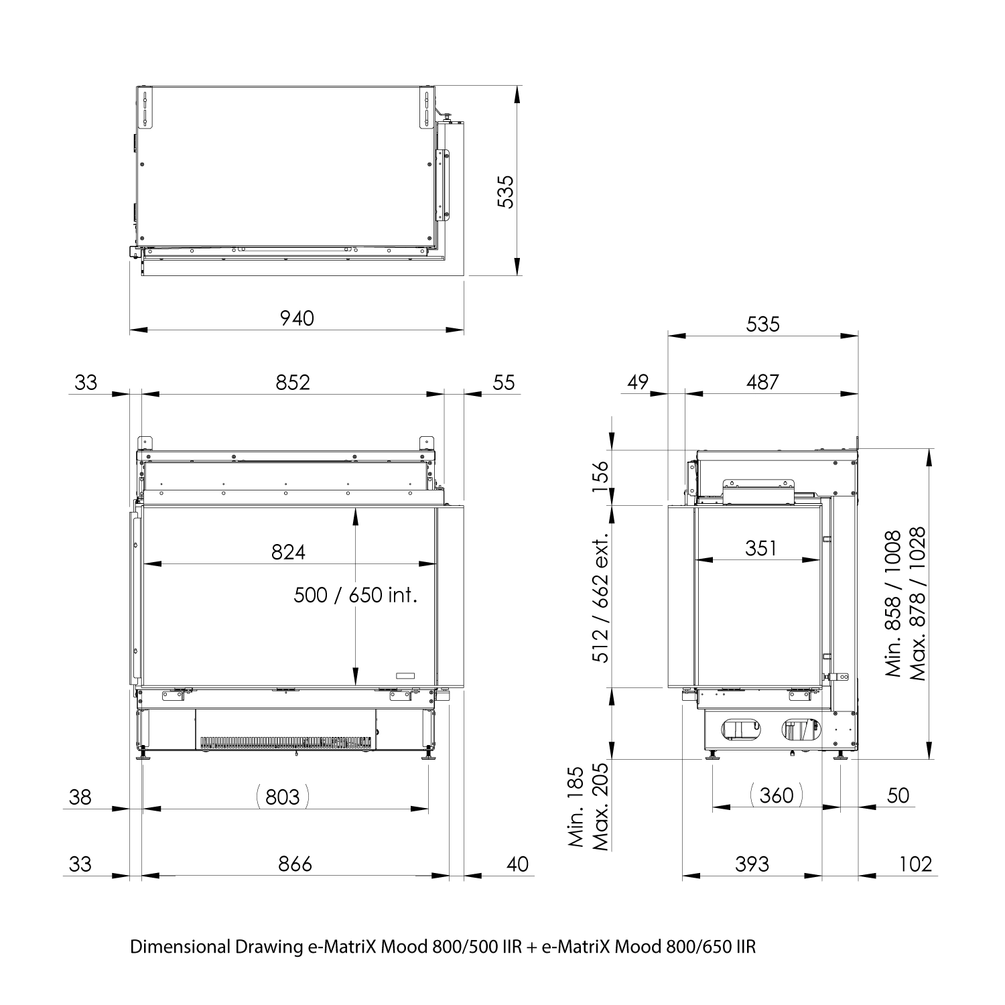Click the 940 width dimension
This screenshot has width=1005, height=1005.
coord(297,318)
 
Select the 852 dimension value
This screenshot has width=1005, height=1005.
coord(293,382)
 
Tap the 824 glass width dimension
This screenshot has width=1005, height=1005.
coord(288,552)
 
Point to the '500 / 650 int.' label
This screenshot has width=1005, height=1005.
coord(356,595)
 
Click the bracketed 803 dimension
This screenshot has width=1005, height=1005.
coord(283,797)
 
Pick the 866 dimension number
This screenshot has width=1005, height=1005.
coord(295,864)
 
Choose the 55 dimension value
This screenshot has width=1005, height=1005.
coord(504,382)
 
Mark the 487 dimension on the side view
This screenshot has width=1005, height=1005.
coord(762,382)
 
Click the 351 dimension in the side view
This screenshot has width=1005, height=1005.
coord(760,549)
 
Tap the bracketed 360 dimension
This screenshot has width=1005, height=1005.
coord(777,795)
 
